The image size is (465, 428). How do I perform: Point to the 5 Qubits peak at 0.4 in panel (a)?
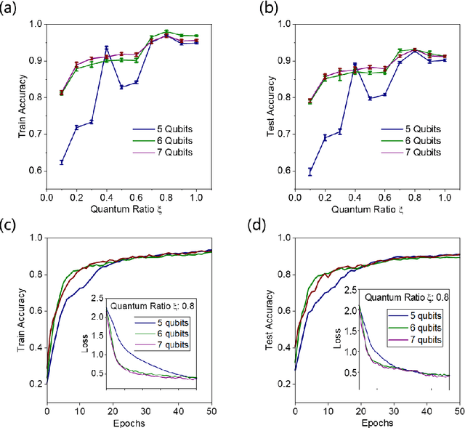[x=106, y=48]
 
